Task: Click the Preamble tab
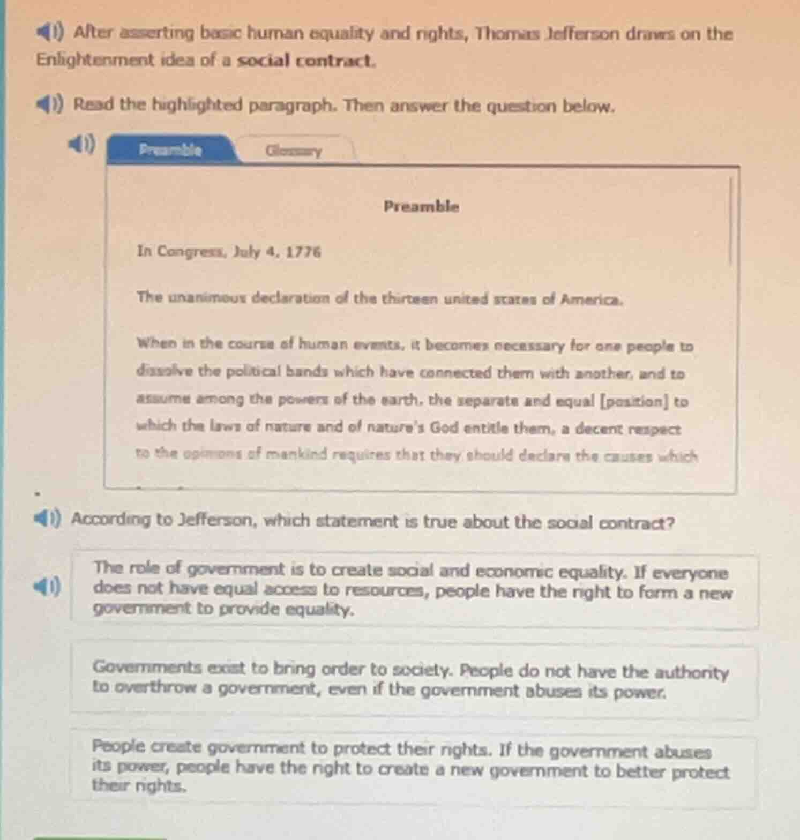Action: (170, 150)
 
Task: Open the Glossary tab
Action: (294, 151)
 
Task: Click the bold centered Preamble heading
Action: (421, 206)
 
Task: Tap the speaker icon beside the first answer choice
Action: (49, 588)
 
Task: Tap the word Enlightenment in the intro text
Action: (95, 59)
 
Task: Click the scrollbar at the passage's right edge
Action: (729, 222)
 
